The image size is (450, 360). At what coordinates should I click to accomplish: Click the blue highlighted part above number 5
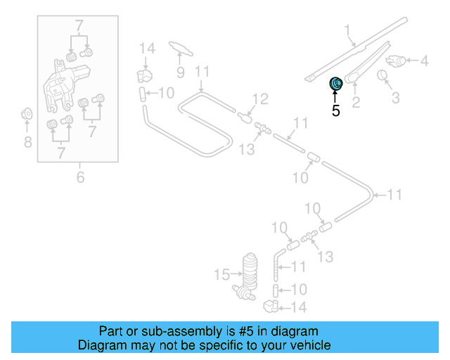pos(336,84)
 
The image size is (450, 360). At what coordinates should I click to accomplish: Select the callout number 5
pos(335,110)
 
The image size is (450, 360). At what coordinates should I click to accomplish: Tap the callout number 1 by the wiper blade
pos(347,30)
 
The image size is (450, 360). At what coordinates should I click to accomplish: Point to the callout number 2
pos(356,104)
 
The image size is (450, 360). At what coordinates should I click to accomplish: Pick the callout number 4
pos(424,61)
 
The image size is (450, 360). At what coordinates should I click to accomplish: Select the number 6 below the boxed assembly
pos(80,177)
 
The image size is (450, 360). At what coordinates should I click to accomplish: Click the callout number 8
pos(27,143)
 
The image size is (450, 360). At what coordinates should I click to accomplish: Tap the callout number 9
pos(180,72)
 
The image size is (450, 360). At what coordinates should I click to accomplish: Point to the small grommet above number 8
pos(27,112)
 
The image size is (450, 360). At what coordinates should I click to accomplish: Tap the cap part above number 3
pos(384,75)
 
